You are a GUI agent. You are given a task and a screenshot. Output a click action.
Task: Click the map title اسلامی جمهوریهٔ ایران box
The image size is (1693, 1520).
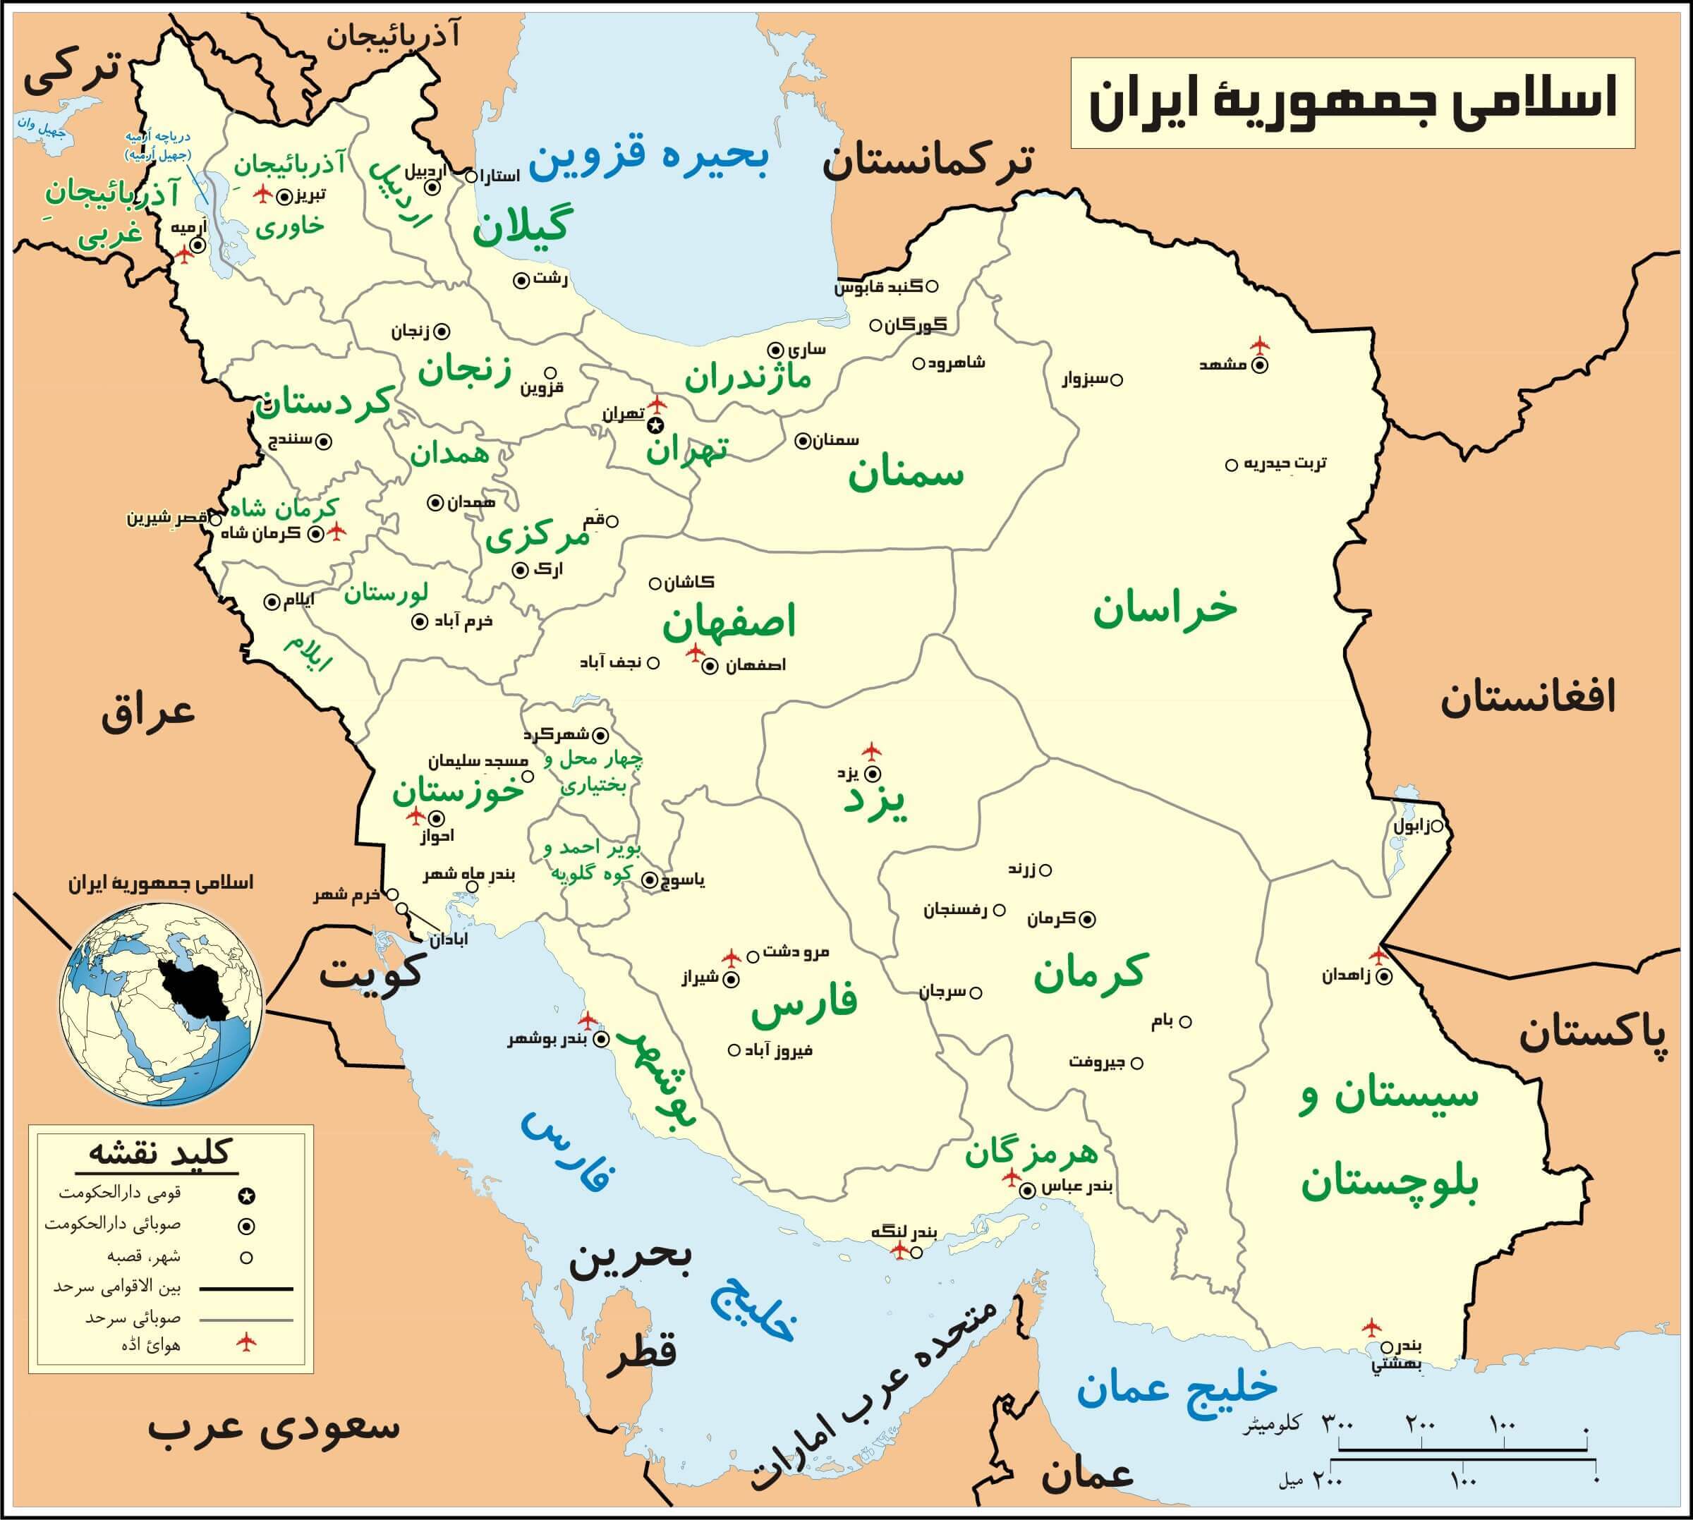(x=1352, y=103)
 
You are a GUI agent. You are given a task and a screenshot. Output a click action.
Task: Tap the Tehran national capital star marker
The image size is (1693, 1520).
(x=655, y=426)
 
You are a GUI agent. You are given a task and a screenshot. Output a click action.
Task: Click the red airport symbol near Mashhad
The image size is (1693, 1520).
(x=1259, y=345)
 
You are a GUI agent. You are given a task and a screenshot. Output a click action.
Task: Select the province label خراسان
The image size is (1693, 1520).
(x=1165, y=607)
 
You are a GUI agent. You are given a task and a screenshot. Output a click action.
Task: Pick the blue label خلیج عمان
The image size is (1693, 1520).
(x=1176, y=1387)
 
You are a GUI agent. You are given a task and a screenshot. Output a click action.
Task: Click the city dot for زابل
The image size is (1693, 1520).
(x=1438, y=827)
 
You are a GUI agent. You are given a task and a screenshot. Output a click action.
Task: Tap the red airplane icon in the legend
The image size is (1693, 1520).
(x=246, y=1343)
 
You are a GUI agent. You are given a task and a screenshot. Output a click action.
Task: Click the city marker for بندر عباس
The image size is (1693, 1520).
(x=1029, y=1190)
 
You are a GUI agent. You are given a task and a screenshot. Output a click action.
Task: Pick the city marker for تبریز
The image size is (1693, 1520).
(x=285, y=197)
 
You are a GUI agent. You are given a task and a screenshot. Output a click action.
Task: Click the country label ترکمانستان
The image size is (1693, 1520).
(x=928, y=160)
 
